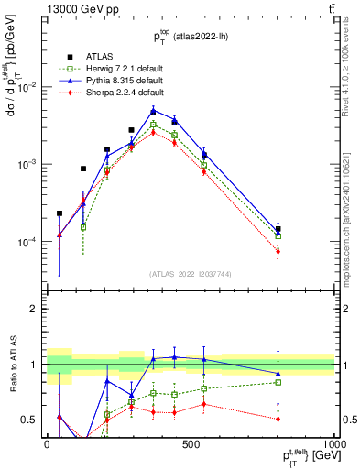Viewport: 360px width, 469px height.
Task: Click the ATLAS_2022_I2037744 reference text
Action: [x=190, y=274]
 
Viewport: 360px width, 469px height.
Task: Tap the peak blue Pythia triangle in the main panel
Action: [x=154, y=111]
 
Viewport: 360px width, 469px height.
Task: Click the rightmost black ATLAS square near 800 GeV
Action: [x=278, y=230]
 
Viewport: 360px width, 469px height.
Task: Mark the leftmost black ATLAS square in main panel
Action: [x=60, y=213]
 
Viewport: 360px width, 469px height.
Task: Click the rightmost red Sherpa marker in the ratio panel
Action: [x=278, y=419]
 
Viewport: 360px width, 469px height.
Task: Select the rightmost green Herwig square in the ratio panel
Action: [x=278, y=382]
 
